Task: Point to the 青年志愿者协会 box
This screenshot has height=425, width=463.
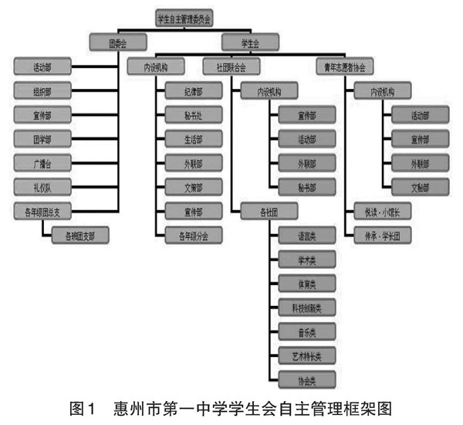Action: coord(345,67)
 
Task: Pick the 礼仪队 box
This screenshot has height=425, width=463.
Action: coord(42,185)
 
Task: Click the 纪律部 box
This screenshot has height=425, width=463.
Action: coord(192,92)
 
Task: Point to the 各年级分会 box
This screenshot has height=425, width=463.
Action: coord(192,233)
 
